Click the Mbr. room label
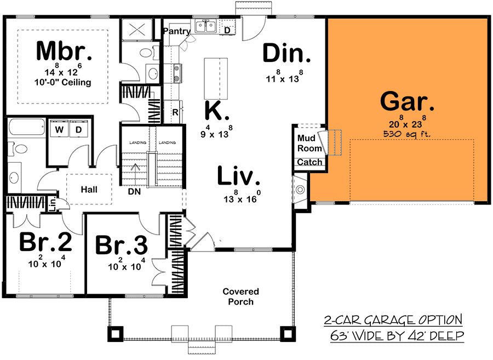pyautogui.click(x=64, y=50)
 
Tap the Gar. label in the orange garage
pyautogui.click(x=407, y=101)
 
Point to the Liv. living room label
pyautogui.click(x=239, y=176)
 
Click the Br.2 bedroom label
pyautogui.click(x=45, y=242)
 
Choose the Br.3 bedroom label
pyautogui.click(x=122, y=245)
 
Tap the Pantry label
pyautogui.click(x=177, y=31)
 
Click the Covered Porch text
pyautogui.click(x=240, y=296)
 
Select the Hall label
pyautogui.click(x=89, y=190)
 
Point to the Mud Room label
pyautogui.click(x=309, y=143)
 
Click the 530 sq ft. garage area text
pyautogui.click(x=407, y=134)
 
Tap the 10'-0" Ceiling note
pyautogui.click(x=62, y=82)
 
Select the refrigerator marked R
pyautogui.click(x=175, y=112)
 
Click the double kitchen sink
pyautogui.click(x=205, y=26)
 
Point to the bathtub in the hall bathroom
pyautogui.click(x=26, y=127)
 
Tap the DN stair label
pyautogui.click(x=134, y=191)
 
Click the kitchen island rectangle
pyautogui.click(x=216, y=78)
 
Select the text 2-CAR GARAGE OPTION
pyautogui.click(x=393, y=321)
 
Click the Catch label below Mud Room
pyautogui.click(x=309, y=162)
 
